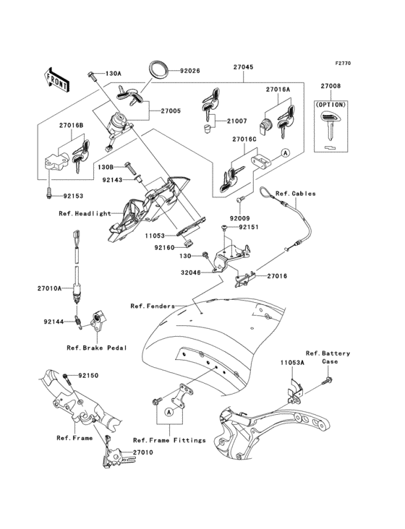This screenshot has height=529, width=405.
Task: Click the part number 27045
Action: coord(243,66)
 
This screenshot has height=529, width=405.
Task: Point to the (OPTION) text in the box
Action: coord(330,105)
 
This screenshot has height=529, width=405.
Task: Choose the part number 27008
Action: coord(331,86)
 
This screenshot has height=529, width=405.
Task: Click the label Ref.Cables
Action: coord(292,193)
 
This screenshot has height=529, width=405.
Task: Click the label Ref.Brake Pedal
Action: coord(97,347)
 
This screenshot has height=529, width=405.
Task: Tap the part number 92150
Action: coord(88,376)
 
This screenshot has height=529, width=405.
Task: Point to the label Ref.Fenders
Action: coord(153,306)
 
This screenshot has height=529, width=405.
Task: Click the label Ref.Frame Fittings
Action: coord(169,439)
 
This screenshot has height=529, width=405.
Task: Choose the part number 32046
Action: coord(191,273)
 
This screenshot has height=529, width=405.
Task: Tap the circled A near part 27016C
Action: coord(285,154)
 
